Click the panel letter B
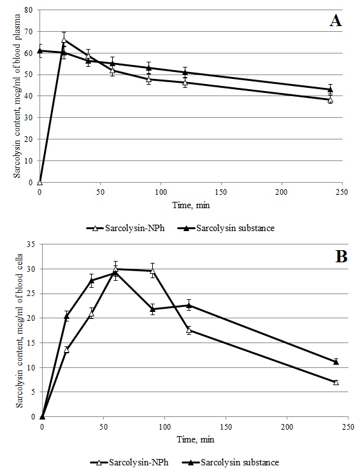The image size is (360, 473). tap(342, 257)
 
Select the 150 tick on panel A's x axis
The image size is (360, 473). tap(221, 192)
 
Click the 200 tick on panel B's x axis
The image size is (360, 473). tap(287, 427)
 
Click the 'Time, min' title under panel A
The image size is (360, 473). tap(191, 205)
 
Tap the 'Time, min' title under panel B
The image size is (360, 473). tap(196, 439)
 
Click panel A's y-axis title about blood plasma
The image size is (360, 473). tap(17, 96)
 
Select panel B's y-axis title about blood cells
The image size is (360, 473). tap(19, 330)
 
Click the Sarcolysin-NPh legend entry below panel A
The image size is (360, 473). tap(126, 228)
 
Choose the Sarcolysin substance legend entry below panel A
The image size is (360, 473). tap(226, 228)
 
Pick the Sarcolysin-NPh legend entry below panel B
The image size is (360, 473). tap(129, 462)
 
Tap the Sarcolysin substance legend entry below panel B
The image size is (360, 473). tap(231, 462)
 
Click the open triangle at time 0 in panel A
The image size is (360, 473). tap(40, 182)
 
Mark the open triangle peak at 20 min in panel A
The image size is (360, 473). tap(64, 39)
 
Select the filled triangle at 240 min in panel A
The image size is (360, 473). tap(331, 89)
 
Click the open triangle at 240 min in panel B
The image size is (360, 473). tap(336, 382)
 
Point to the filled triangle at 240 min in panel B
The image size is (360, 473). tap(336, 362)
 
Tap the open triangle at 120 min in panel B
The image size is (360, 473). tap(189, 330)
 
